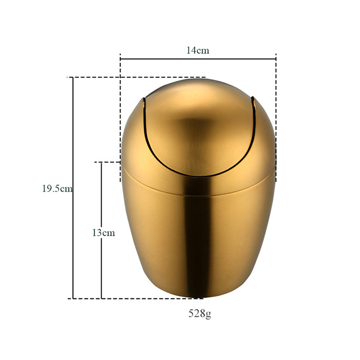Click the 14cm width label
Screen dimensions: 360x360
pos(198,50)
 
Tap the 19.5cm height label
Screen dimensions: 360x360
pos(58,189)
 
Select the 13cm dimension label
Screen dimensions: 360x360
pos(103,233)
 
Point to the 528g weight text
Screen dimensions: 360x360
pos(200,314)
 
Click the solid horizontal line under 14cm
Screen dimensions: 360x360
pos(198,59)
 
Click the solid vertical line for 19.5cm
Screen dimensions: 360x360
pos(73,188)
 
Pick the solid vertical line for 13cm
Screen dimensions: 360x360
pos(102,230)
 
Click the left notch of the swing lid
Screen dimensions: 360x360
pos(144,103)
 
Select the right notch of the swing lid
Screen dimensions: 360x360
pos(253,102)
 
